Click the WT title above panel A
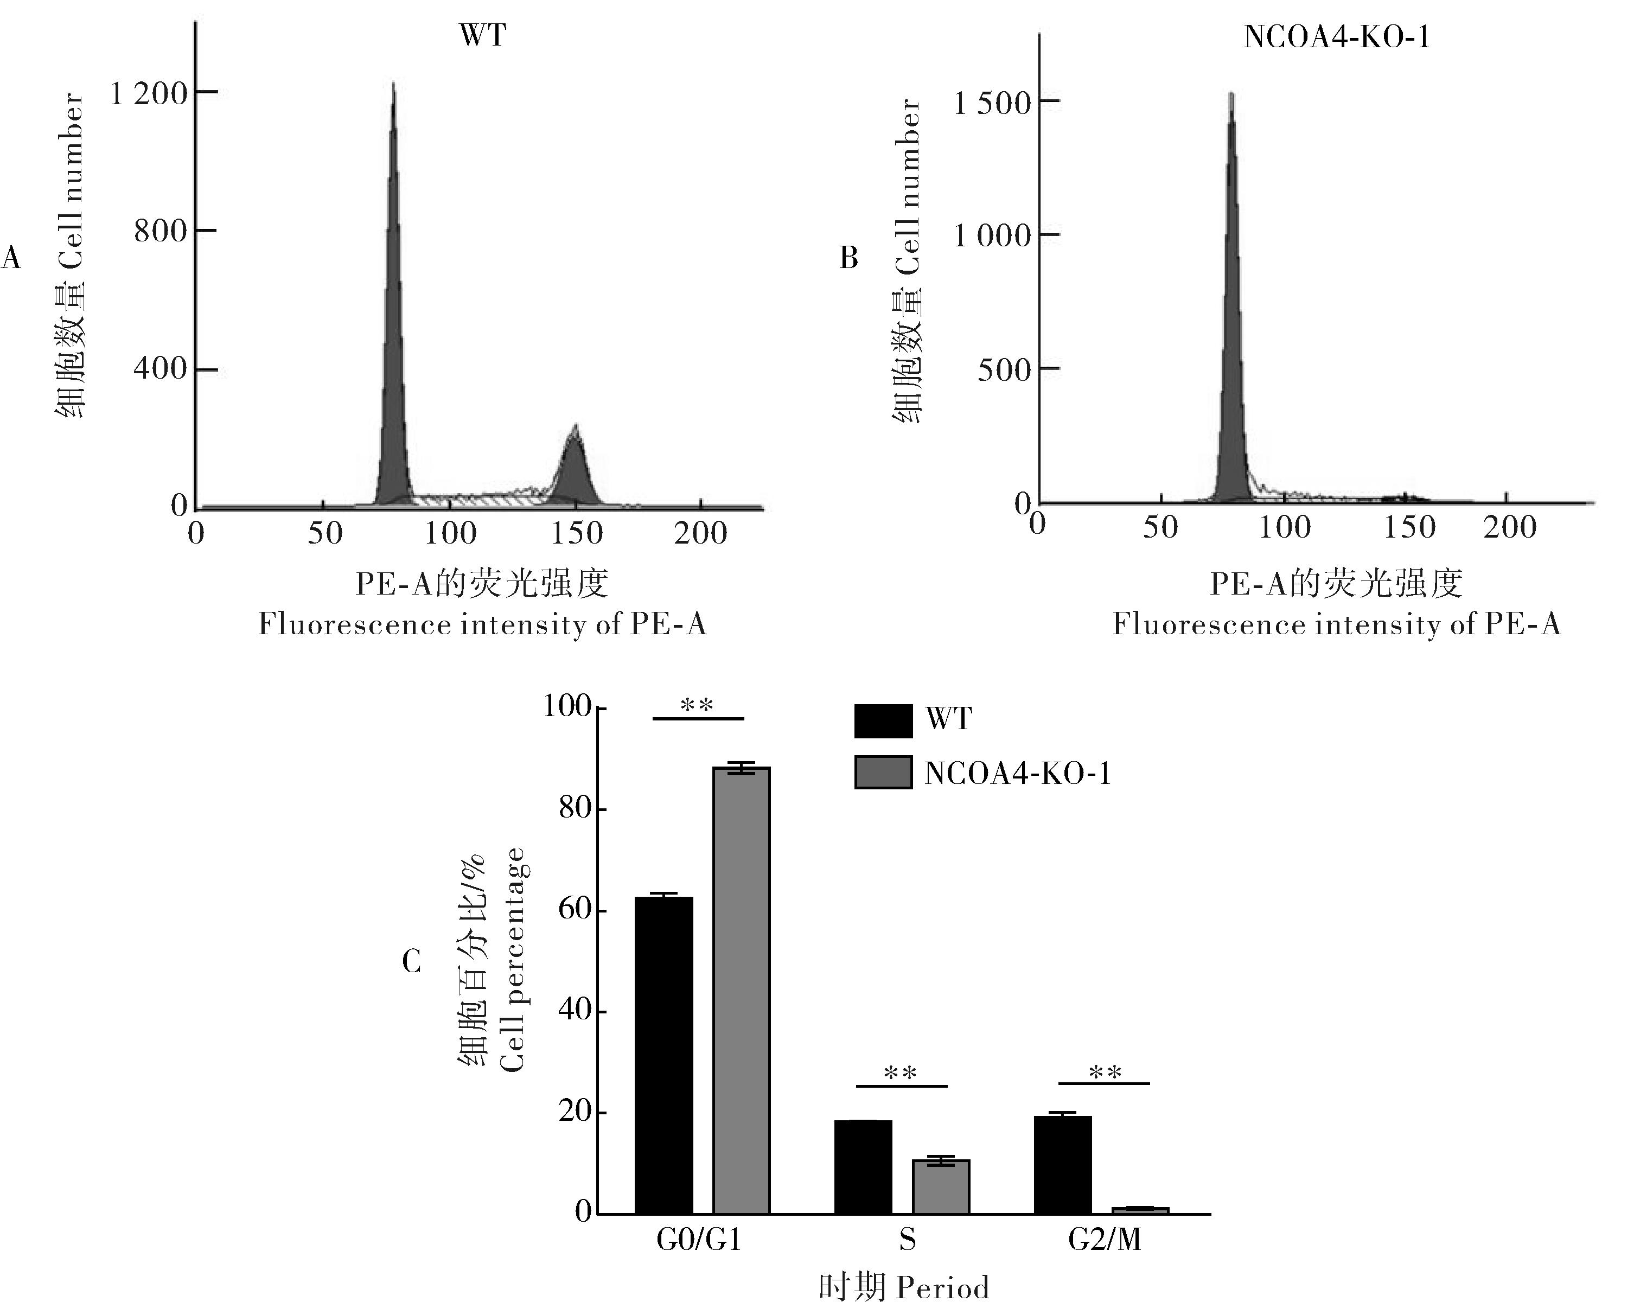pyautogui.click(x=482, y=36)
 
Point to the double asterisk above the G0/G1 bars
pyautogui.click(x=697, y=706)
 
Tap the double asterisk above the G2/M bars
pyautogui.click(x=1105, y=1073)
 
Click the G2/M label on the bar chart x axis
pyautogui.click(x=1105, y=1240)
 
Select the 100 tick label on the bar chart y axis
pyautogui.click(x=567, y=706)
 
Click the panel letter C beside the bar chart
pyautogui.click(x=412, y=962)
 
